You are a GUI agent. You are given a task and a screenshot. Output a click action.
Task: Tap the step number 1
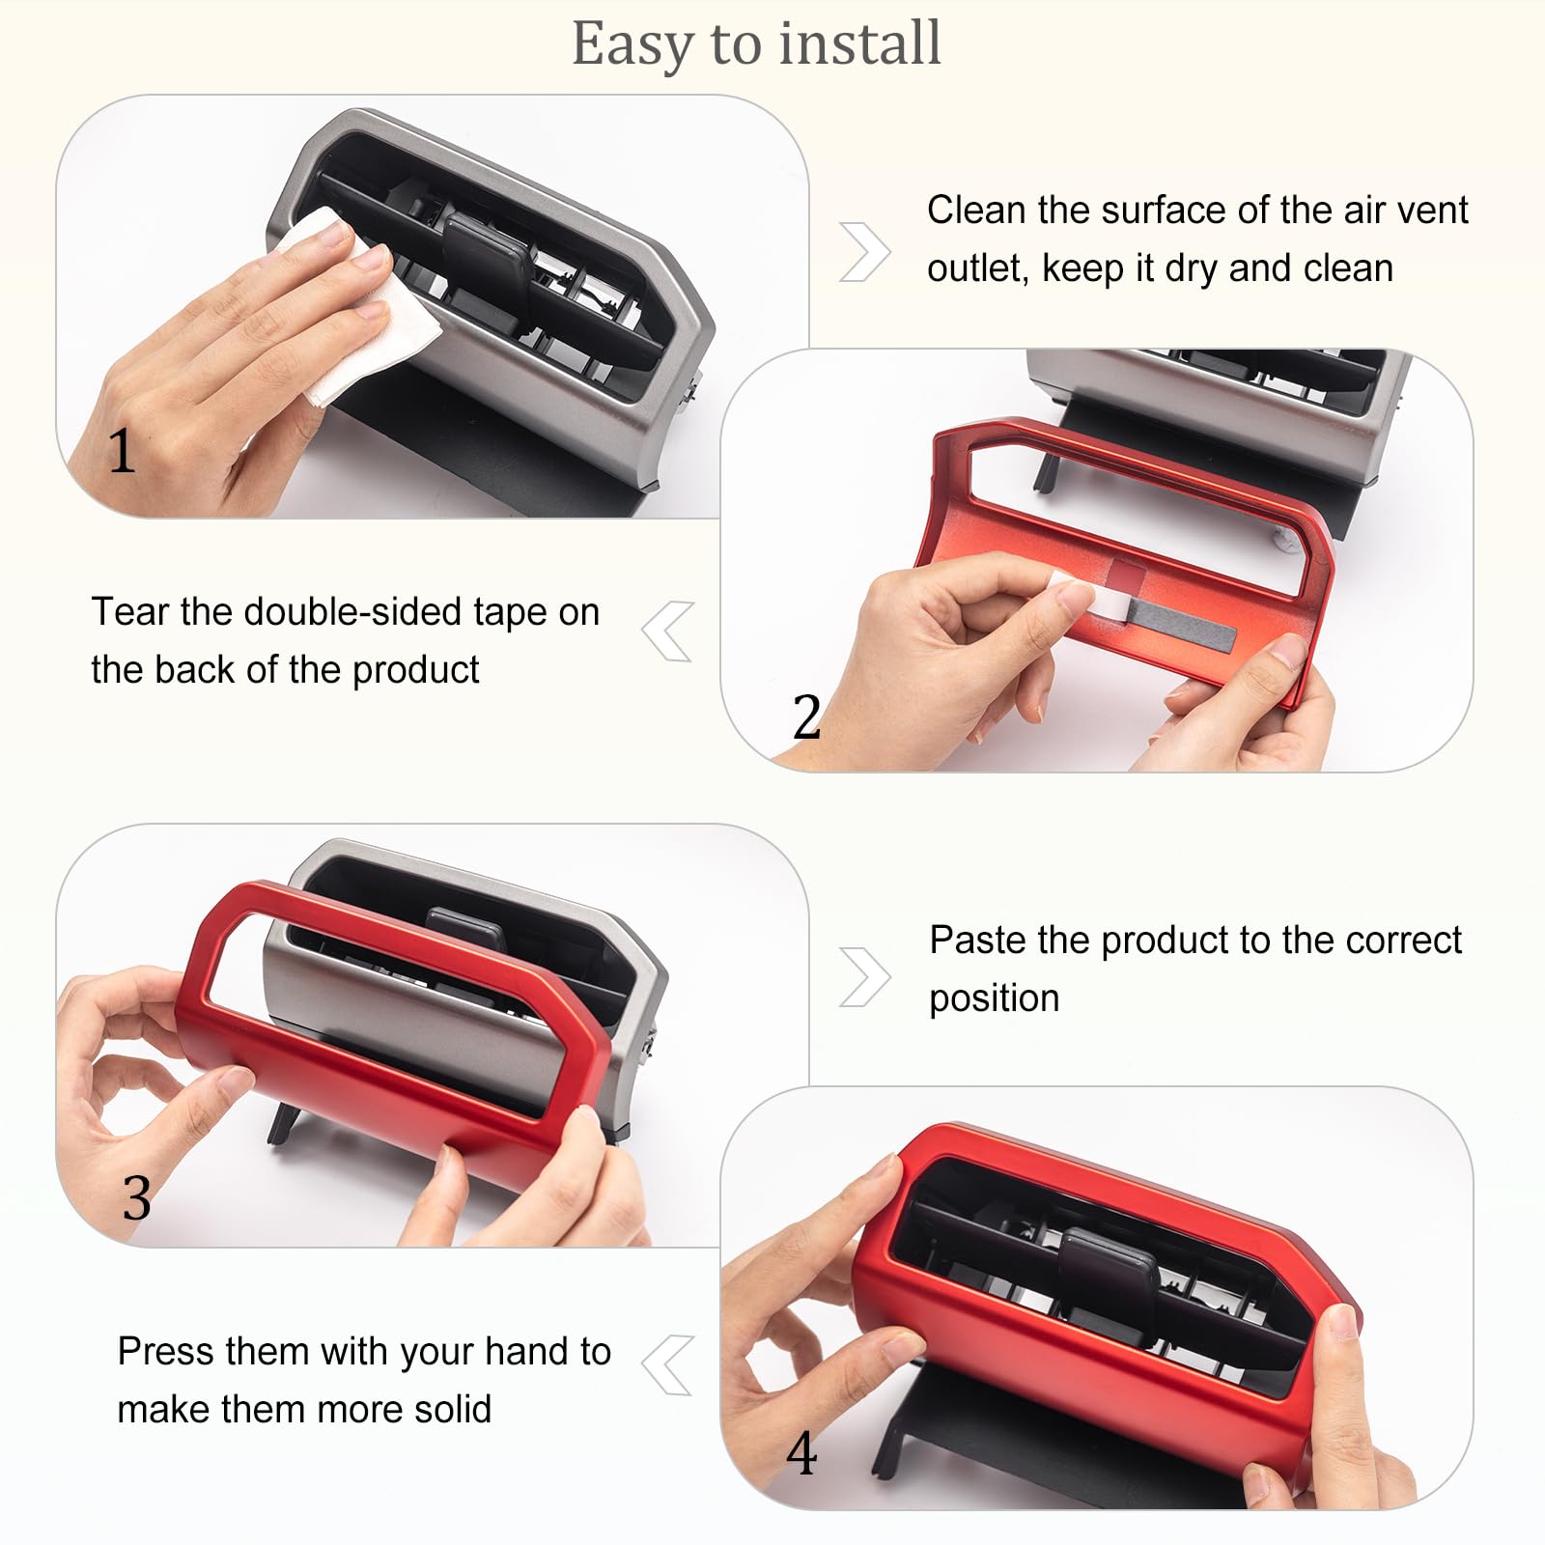coord(121,451)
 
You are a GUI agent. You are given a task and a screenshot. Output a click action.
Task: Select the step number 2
coord(806,716)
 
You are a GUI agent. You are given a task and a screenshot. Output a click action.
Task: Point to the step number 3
coord(136,1198)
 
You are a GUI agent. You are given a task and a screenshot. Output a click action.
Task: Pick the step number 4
coord(801,1453)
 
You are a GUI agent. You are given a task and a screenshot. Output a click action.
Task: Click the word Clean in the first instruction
coord(976,211)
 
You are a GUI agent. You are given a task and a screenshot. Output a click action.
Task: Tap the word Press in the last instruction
coord(164,1352)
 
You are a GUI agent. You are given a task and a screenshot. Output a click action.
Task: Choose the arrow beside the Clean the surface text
coord(863,251)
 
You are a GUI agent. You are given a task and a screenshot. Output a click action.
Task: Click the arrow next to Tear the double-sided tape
coord(668,632)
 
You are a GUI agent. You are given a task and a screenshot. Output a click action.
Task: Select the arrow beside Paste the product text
coord(863,977)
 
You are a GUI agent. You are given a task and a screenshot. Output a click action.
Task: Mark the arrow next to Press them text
coord(668,1365)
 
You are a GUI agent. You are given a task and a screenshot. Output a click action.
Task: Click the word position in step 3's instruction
coord(994,998)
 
